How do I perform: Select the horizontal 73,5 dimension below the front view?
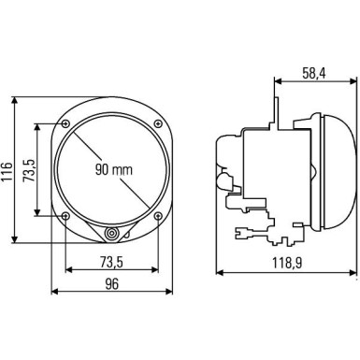[x=112, y=262]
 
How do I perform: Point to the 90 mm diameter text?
[x=113, y=170]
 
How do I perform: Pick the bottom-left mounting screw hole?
[x=65, y=216]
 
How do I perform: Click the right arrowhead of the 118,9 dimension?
[x=355, y=273]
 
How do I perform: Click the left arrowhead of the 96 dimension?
[x=54, y=291]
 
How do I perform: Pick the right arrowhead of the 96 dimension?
[x=170, y=291]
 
